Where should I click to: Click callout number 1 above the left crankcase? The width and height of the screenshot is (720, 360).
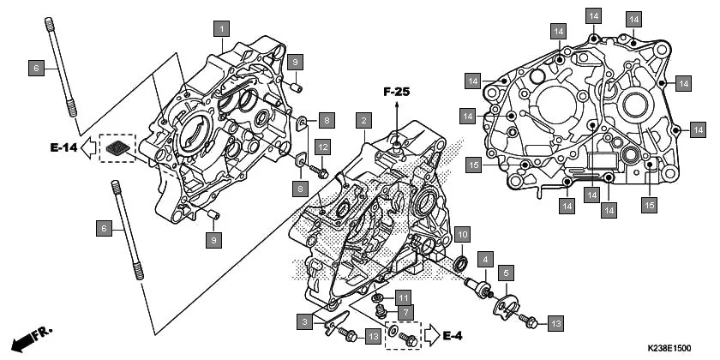click(x=221, y=27)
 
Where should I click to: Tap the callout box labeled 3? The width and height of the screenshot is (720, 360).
click(x=303, y=322)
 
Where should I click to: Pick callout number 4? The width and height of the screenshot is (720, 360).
click(x=485, y=258)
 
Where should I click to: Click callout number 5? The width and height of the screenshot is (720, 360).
click(x=507, y=273)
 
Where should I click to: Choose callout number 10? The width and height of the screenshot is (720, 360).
click(x=461, y=235)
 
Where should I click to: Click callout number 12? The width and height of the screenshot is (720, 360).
click(x=321, y=147)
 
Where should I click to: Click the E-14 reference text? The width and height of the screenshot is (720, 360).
click(x=64, y=148)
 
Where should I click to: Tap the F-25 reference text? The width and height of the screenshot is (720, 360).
click(x=397, y=91)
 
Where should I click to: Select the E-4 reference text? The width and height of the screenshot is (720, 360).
click(x=453, y=335)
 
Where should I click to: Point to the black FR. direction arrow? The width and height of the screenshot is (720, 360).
click(x=27, y=339)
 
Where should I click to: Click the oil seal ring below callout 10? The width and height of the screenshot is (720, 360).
click(x=460, y=260)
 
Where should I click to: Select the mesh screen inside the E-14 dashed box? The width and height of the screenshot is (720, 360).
click(x=117, y=149)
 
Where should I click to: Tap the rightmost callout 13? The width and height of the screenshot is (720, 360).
click(x=555, y=323)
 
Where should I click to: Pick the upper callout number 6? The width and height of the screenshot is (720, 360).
click(x=35, y=66)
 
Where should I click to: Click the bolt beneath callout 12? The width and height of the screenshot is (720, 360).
click(x=322, y=172)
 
